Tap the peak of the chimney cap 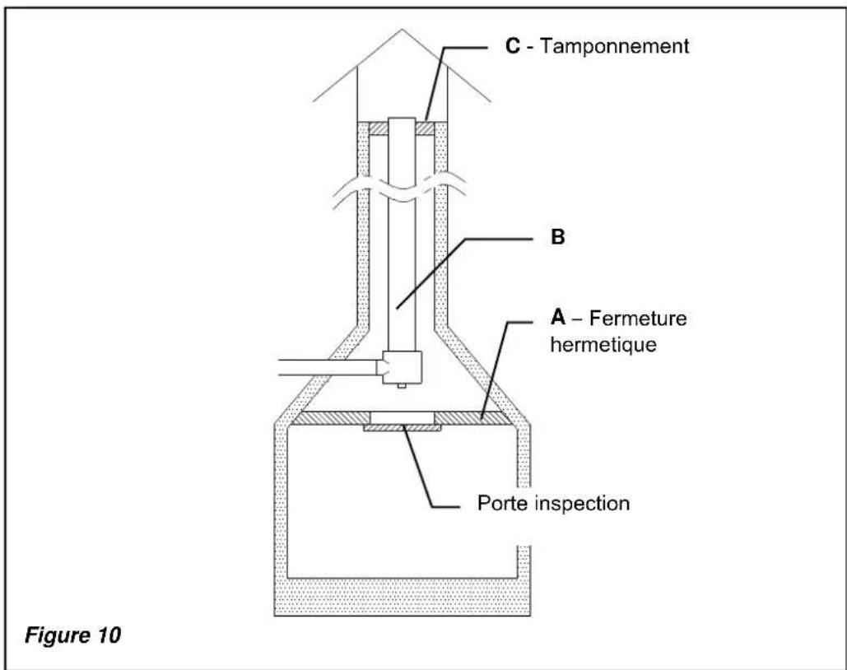coord(402,30)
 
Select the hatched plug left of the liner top coord(378,129)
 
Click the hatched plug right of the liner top coord(425,129)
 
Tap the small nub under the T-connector coord(401,384)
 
